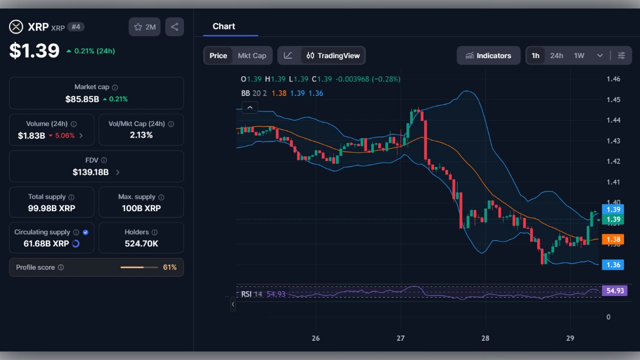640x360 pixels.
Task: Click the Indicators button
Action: tap(488, 55)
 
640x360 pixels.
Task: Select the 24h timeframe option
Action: tap(556, 55)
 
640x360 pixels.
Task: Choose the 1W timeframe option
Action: tap(579, 55)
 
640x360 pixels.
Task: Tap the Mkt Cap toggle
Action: tap(252, 55)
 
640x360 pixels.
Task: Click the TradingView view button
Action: tap(333, 55)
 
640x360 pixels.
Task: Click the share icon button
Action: tap(174, 27)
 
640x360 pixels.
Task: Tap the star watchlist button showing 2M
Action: tap(145, 27)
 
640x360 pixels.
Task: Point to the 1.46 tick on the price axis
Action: tap(613, 79)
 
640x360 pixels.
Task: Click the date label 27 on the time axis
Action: tap(401, 338)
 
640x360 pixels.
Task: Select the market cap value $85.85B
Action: tap(82, 99)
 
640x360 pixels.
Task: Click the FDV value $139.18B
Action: tap(91, 172)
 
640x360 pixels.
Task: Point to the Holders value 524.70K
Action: tap(141, 244)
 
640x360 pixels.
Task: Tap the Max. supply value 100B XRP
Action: tap(141, 208)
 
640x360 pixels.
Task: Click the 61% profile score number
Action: tap(170, 267)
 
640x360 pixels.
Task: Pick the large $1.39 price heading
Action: tap(34, 51)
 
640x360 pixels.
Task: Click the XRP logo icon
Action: tap(17, 27)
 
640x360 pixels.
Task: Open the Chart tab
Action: tap(224, 26)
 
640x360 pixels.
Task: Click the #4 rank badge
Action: tap(76, 27)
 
